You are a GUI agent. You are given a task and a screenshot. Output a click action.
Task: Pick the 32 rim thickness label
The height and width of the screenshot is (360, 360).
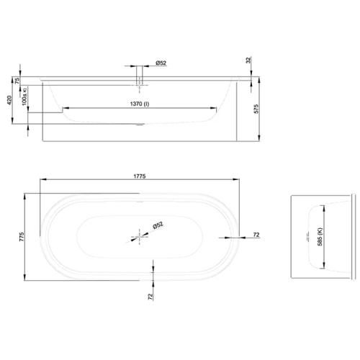coord(248,62)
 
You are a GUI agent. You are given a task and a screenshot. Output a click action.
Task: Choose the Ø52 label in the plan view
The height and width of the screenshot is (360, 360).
coord(158,225)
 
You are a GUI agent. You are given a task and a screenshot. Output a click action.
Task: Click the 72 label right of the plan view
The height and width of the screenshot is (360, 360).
coord(258,235)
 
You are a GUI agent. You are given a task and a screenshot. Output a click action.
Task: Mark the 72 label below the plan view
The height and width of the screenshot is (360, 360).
coord(150,295)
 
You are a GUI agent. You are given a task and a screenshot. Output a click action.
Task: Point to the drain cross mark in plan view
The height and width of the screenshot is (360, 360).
coord(139,235)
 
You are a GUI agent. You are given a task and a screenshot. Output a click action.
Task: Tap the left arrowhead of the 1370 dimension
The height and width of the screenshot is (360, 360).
coord(63,111)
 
